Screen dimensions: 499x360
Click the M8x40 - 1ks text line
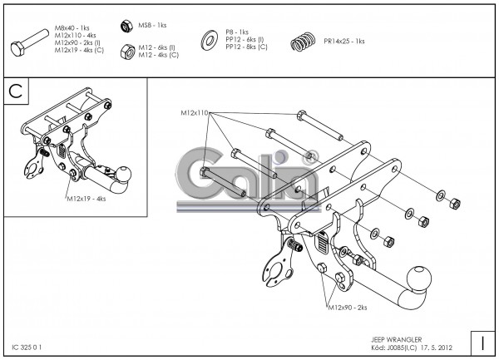coord(72,28)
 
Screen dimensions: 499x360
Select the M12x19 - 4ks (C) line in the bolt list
coord(79,50)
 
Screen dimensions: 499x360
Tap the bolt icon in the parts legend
coord(30,43)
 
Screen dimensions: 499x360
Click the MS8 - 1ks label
coord(152,25)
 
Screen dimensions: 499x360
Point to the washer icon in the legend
coord(209,40)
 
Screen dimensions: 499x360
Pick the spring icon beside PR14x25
coord(303,42)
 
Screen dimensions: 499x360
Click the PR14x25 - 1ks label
coord(344,42)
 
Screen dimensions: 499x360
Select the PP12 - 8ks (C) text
coord(247,47)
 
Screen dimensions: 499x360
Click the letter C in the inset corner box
coord(16,91)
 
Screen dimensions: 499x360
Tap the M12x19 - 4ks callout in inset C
coord(86,199)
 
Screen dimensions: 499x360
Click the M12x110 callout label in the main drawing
coord(195,112)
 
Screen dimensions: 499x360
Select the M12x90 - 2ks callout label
coord(348,308)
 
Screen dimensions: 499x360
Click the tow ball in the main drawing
coord(420,279)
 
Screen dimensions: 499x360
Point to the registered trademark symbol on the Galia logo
coord(309,156)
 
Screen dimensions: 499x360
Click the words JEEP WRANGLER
coord(396,340)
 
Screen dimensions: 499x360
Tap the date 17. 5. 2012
coord(437,348)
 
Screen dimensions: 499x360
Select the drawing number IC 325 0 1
coord(27,348)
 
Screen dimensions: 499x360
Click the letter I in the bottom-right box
coord(482,343)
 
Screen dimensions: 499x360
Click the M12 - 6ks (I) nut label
coord(156,47)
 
